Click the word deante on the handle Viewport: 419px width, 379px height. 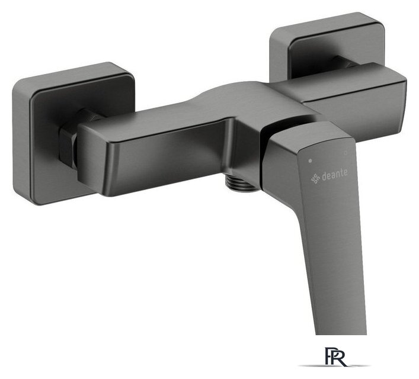[x=335, y=175]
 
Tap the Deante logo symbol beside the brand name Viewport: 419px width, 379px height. [x=315, y=178]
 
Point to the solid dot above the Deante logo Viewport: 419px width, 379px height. [x=310, y=161]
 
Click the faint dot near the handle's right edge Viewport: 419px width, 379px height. [x=346, y=153]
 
